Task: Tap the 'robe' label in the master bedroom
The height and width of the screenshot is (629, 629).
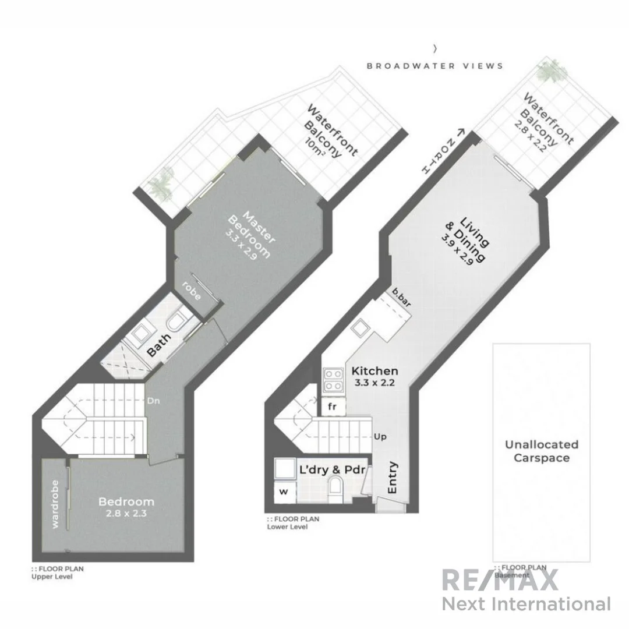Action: tap(192, 291)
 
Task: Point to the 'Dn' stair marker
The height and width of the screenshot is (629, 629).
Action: tap(154, 401)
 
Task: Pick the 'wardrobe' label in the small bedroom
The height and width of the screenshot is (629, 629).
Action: tap(55, 504)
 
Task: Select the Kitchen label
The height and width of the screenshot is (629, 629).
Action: tap(375, 371)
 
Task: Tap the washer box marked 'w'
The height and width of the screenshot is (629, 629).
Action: tap(284, 491)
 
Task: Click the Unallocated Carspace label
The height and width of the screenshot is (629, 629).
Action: tap(541, 451)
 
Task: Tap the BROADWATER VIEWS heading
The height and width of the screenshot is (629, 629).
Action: tap(434, 66)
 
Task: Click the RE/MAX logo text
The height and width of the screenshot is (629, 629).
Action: tap(500, 580)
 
